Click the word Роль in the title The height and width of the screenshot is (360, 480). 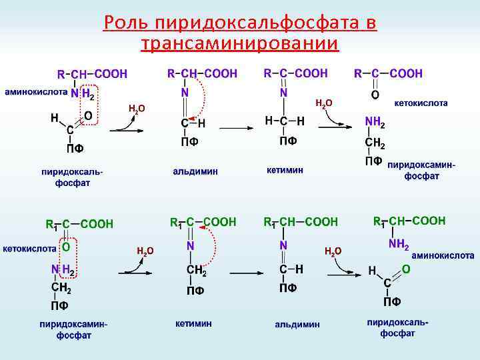click(126, 24)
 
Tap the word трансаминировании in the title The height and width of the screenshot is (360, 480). click(240, 44)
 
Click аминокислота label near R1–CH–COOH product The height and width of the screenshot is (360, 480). click(443, 255)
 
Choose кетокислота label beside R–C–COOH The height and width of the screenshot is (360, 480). click(421, 103)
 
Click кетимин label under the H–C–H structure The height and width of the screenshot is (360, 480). click(285, 170)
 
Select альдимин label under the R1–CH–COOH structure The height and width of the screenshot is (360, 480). click(297, 325)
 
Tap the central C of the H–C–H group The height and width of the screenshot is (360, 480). click(283, 121)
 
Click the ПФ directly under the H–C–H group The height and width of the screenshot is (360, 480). click(287, 141)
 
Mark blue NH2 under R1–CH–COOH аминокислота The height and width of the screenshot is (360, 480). click(399, 245)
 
